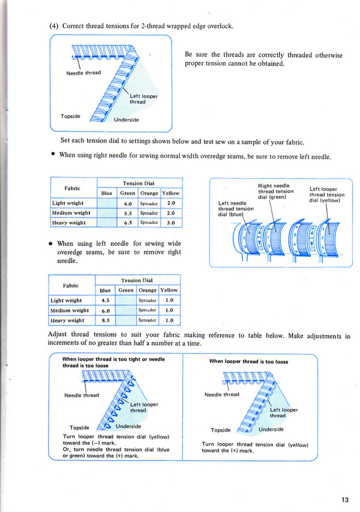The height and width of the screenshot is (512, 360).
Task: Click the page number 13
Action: pos(345,499)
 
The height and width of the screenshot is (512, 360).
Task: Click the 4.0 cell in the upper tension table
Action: pos(127,203)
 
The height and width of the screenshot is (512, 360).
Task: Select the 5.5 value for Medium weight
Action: pos(127,213)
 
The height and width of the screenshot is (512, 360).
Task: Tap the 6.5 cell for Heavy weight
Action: pos(127,222)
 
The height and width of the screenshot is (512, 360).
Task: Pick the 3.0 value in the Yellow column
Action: pos(170,222)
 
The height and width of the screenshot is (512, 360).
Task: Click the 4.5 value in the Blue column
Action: pos(105,300)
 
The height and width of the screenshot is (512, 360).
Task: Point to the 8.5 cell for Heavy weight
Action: pos(105,320)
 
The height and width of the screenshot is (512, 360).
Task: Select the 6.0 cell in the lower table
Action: pos(105,310)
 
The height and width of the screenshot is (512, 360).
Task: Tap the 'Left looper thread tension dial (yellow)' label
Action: pos(326,195)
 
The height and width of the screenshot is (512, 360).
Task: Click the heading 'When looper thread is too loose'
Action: pos(248,361)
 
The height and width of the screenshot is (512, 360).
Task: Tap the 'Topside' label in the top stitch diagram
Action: pos(70,116)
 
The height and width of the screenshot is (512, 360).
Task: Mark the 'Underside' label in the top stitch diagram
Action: pos(126,120)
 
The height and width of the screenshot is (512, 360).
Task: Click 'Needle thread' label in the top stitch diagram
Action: pos(83,73)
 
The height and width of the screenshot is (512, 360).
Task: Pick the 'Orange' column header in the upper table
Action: pos(149,193)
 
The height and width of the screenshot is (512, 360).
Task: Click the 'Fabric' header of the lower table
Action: pos(70,285)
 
